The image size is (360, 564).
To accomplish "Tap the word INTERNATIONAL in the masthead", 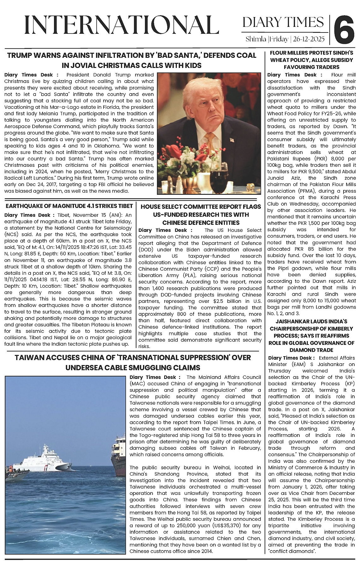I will (122, 25).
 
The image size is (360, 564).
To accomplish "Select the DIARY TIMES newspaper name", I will (283, 22).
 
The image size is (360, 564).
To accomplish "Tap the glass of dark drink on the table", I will (220, 180).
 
